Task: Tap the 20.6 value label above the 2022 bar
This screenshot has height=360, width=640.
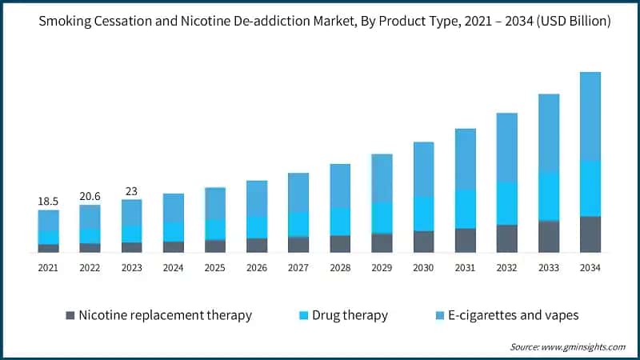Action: coord(90,197)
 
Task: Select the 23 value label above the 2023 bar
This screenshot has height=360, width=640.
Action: coord(131,191)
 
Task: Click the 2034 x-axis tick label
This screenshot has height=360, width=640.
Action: coord(590,268)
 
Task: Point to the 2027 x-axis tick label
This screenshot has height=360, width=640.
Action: coord(298,268)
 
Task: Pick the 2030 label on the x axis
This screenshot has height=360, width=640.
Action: coord(423,268)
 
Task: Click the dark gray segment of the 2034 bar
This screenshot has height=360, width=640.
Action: coord(590,234)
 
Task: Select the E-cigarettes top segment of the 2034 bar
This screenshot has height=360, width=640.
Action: coord(590,116)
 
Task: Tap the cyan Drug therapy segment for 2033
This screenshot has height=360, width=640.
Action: coord(549,195)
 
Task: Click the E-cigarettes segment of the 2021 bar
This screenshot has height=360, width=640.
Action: coord(48,221)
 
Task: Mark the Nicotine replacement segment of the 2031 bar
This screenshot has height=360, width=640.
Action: coord(466,241)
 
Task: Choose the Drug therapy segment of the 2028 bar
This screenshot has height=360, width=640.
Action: coord(340,222)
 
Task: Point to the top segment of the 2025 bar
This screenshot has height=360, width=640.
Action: coord(215,204)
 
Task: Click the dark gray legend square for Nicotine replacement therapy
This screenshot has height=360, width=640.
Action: coord(70,315)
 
